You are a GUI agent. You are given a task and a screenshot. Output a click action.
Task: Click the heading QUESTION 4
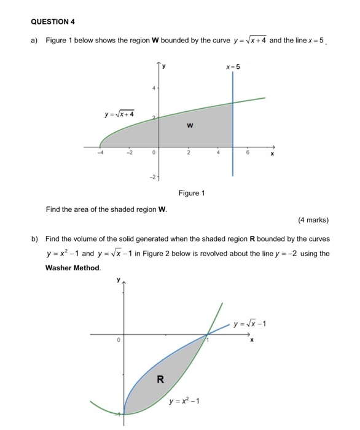click(x=53, y=21)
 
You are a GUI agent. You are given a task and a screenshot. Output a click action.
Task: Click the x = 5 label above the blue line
click(x=233, y=67)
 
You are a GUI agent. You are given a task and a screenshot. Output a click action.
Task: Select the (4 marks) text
click(x=313, y=220)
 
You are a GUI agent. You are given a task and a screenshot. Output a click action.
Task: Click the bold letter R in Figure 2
click(x=160, y=379)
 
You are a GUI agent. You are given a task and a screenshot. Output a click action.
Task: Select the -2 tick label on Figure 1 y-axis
click(x=153, y=177)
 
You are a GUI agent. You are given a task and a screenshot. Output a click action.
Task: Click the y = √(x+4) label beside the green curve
click(x=120, y=114)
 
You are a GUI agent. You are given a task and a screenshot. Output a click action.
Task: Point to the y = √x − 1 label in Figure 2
click(x=253, y=324)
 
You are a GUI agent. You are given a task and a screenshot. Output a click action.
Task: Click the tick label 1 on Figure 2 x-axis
click(x=208, y=339)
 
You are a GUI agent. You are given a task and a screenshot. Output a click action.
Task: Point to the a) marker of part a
click(x=34, y=41)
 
